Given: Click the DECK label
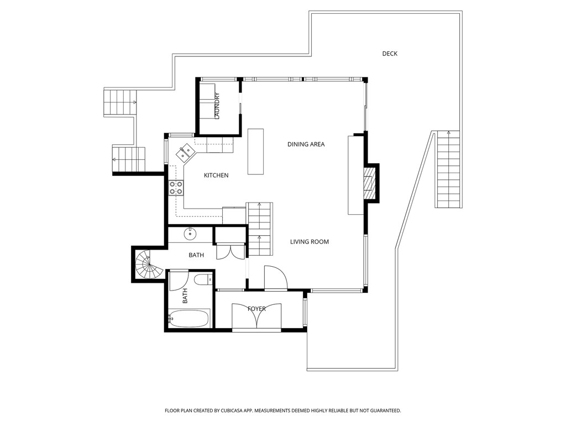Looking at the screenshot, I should point(390,54).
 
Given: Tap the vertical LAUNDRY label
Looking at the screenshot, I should point(217,106).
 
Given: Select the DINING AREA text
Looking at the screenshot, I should point(306,144).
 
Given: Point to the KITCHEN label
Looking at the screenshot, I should point(216,175).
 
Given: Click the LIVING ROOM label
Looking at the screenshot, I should point(310,242).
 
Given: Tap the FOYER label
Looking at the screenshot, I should point(256,309).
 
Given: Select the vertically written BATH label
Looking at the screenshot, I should point(185,296).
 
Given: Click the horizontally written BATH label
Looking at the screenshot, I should point(196,255).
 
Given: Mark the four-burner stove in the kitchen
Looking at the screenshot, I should point(176,188).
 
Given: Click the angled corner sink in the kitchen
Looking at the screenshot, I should point(185,152).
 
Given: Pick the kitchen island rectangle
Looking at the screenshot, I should point(255,151).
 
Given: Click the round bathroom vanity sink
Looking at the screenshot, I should point(191,234).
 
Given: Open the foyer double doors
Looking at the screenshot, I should point(256,318).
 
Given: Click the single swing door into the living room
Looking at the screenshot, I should point(275,278).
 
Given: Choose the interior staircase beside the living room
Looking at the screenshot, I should point(260,228).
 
